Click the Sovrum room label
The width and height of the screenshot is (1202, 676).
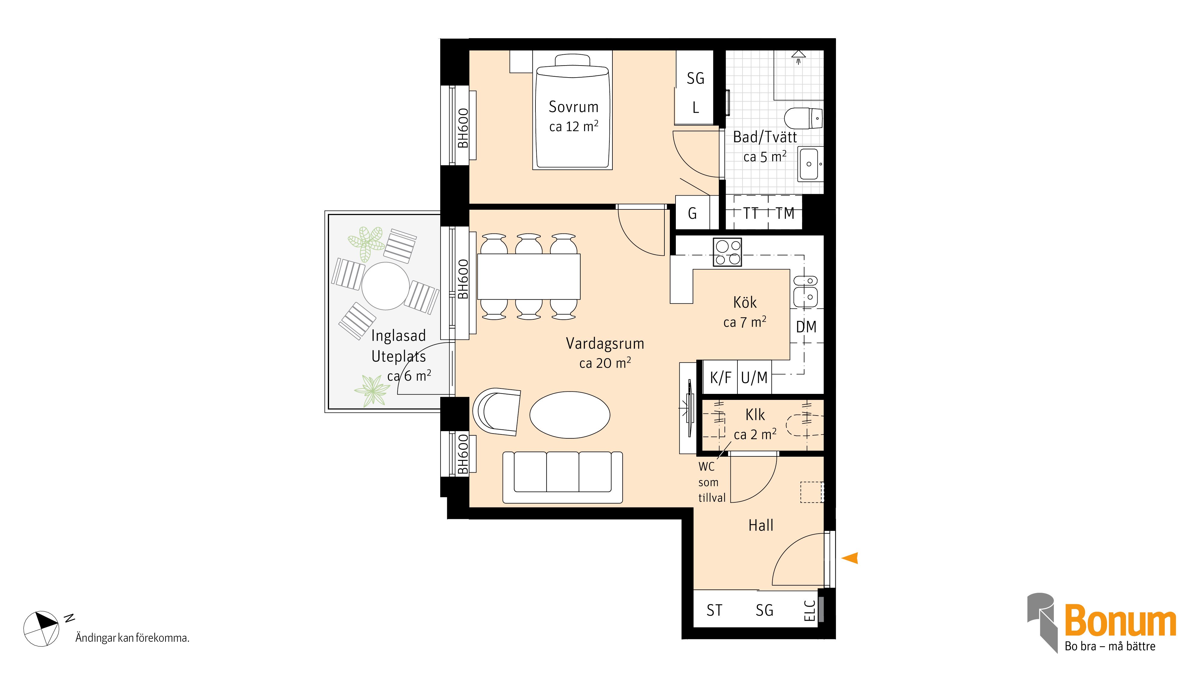tap(573, 107)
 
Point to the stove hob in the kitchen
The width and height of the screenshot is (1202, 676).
tap(727, 252)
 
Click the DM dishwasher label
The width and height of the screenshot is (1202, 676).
tap(806, 327)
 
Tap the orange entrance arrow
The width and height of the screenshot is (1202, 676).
tap(850, 558)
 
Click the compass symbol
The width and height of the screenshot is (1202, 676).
tap(41, 629)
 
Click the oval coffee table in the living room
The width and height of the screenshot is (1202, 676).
tap(570, 415)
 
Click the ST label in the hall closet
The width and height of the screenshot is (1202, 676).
tap(714, 610)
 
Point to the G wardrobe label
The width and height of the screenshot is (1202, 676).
tap(692, 214)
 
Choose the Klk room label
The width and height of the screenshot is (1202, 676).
tap(755, 415)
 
